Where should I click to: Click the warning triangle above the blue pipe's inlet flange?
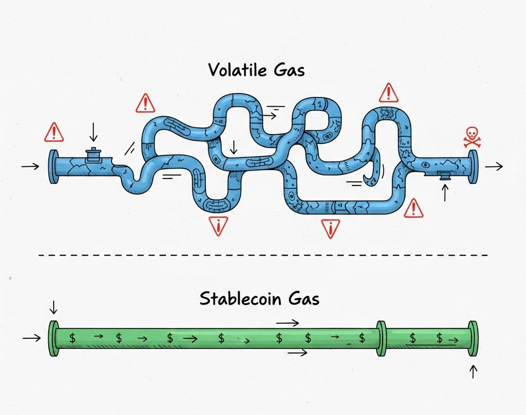(54, 133)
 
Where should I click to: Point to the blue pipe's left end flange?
(53, 167)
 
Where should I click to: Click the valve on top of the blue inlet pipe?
(93, 154)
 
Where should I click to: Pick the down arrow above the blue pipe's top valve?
(93, 131)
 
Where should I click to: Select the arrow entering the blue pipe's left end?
(30, 166)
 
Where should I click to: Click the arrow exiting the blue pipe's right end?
(494, 166)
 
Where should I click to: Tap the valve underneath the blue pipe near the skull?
(444, 176)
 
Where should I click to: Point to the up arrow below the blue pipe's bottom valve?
(445, 193)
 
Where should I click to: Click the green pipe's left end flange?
(53, 338)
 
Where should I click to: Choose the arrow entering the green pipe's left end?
(32, 338)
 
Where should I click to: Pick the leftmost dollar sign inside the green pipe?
(73, 338)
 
